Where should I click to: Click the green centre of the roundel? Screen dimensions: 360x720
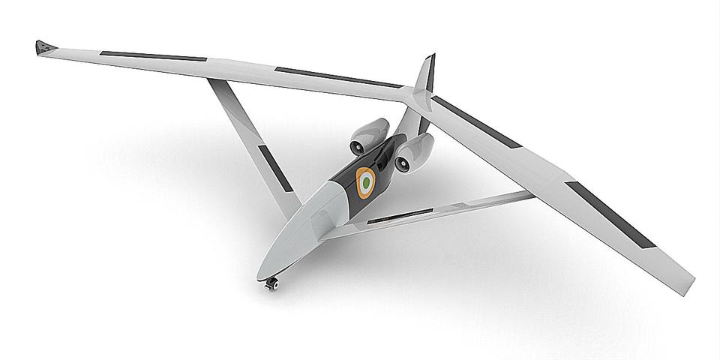point(366,182)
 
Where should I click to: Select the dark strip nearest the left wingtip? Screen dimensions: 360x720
point(154,56)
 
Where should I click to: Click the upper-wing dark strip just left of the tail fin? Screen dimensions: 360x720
point(337,77)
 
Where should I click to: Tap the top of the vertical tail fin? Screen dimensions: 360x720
point(430,57)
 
